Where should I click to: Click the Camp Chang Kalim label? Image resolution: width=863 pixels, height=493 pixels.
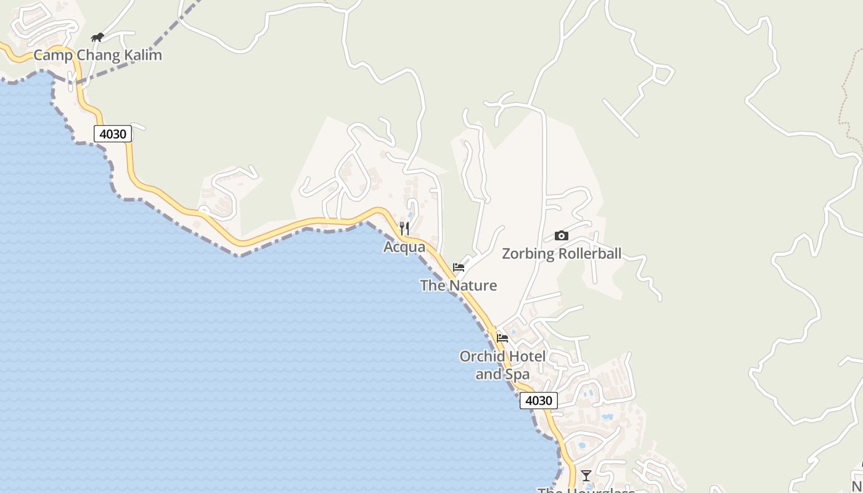tap(97, 55)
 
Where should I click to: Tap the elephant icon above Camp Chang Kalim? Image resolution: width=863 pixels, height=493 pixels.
tap(97, 38)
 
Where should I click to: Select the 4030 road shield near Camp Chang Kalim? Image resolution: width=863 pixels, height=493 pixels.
tap(113, 134)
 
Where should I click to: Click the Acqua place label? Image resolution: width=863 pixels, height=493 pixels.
tap(404, 247)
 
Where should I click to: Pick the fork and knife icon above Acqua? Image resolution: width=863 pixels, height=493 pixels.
tap(404, 229)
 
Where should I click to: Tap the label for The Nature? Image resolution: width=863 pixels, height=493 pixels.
tap(458, 285)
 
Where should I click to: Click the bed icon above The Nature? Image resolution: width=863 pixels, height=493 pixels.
tap(459, 267)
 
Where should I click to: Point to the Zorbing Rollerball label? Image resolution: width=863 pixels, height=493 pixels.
tap(562, 254)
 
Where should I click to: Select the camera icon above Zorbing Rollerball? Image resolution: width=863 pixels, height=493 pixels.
tap(561, 235)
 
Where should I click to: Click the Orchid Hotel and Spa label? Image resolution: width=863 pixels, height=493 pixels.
tap(502, 365)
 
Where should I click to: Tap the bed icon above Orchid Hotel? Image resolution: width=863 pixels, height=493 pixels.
tap(502, 338)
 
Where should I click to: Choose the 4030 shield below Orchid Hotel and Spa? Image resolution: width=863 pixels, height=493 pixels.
tap(538, 401)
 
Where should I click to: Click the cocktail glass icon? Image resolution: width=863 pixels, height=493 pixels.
tap(586, 475)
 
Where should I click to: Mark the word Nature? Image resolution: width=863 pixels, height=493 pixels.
tap(473, 285)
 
